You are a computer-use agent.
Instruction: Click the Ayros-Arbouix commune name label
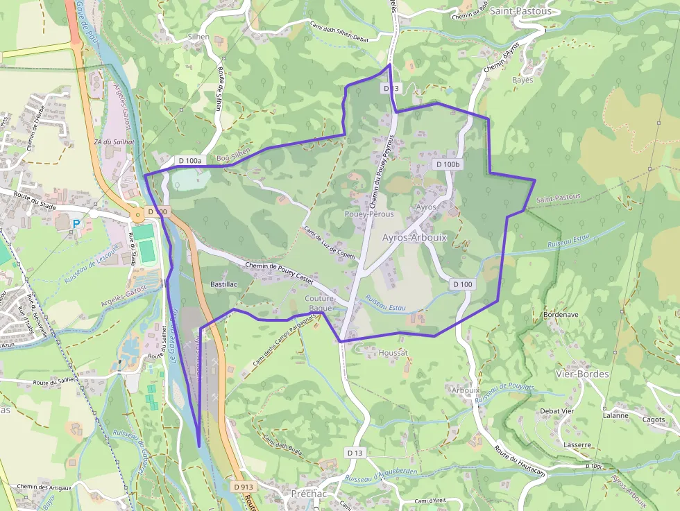tap(414, 237)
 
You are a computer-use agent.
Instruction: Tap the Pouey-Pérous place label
tap(369, 214)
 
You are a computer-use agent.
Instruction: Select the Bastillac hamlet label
tap(223, 284)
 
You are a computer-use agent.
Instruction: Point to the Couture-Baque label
tap(321, 302)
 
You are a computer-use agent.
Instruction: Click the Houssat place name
tap(393, 353)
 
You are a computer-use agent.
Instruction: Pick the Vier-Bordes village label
tap(582, 374)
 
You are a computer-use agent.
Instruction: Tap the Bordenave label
tap(561, 314)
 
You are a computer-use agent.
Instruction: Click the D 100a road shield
tap(189, 161)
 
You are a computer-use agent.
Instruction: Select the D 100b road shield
tap(448, 164)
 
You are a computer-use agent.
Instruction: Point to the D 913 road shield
tap(243, 487)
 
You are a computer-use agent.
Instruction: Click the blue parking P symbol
tap(76, 224)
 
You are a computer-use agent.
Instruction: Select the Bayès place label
tap(522, 80)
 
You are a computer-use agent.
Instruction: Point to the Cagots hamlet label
tap(654, 419)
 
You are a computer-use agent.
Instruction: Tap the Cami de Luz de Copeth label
tap(329, 243)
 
